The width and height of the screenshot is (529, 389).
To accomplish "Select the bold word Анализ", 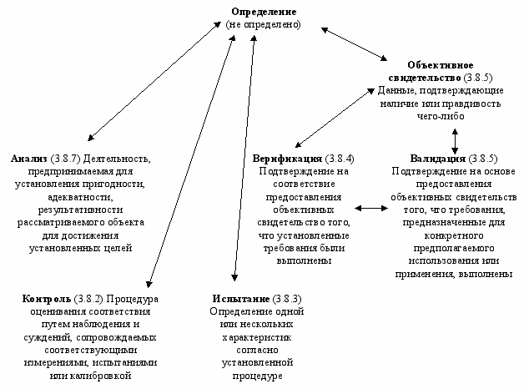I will click(29, 157).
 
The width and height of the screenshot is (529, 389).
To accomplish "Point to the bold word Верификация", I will click(288, 157).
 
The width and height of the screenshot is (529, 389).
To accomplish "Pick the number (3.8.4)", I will click(340, 157).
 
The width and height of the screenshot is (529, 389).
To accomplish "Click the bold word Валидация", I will click(438, 157).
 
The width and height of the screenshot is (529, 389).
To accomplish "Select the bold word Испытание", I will click(239, 298).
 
